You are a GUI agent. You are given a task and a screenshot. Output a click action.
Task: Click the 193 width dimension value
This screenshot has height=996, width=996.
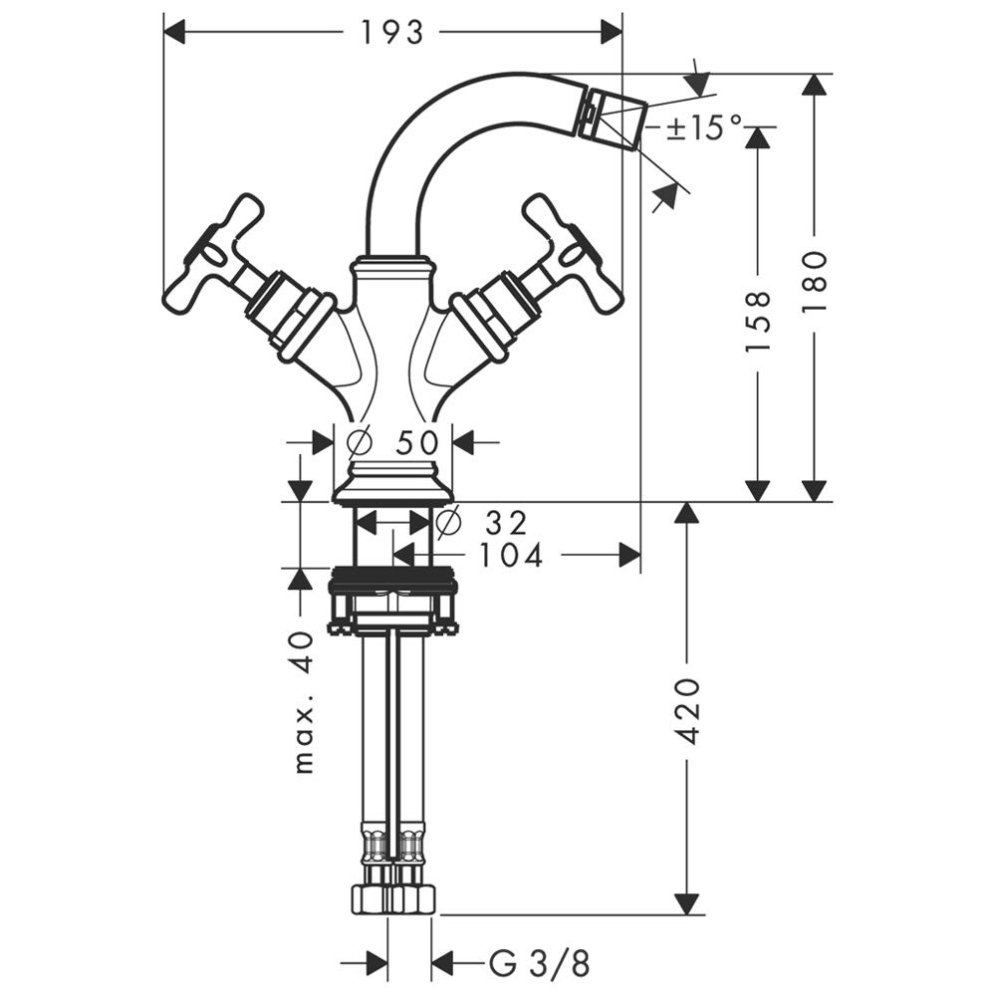click(x=391, y=33)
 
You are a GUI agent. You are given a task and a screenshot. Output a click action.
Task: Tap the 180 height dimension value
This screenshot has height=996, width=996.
click(x=814, y=281)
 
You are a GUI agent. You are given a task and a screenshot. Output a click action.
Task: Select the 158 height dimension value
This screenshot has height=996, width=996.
click(x=757, y=321)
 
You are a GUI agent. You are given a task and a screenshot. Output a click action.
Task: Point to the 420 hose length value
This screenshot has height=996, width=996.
click(x=686, y=711)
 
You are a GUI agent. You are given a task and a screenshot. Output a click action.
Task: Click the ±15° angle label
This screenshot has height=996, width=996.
click(x=704, y=127)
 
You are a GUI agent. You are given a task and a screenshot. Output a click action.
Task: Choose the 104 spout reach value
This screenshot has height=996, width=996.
click(x=511, y=555)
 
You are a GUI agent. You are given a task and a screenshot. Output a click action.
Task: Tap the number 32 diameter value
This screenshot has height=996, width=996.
click(x=506, y=523)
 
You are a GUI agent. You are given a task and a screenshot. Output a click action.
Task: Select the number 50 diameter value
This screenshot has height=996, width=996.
click(x=416, y=442)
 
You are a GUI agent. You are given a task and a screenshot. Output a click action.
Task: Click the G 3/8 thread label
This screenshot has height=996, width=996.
click(x=539, y=963)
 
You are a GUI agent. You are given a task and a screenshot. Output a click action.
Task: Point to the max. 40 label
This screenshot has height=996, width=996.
click(x=305, y=702)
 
